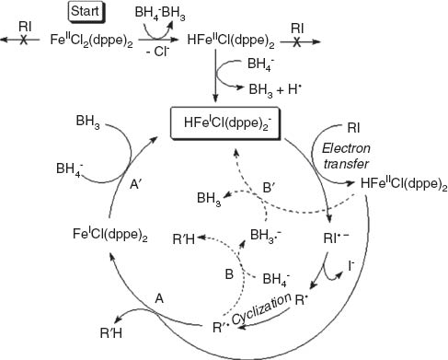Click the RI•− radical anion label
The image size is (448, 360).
click(360, 247)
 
